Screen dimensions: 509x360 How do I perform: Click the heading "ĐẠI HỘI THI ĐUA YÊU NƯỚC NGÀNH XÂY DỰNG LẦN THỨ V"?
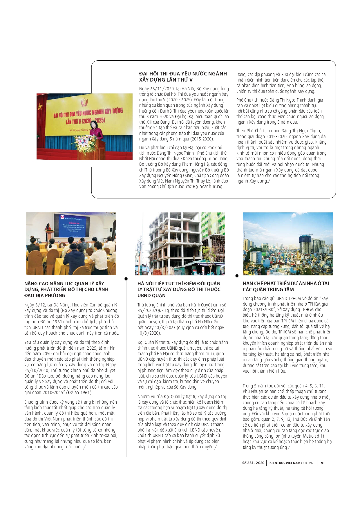[183, 77]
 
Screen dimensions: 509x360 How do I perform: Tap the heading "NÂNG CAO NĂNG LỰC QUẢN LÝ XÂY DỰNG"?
[66, 289]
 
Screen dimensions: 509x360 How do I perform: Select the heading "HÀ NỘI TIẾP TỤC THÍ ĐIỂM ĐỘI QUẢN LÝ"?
[179, 289]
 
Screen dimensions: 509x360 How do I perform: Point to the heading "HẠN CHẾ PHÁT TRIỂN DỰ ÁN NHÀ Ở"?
[286, 286]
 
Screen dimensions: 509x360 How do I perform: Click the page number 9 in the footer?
[322, 463]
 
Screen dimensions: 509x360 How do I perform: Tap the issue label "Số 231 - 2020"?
[253, 463]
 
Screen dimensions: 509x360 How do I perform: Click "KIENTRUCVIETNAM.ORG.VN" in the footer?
[291, 463]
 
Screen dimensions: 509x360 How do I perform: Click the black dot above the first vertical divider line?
[126, 279]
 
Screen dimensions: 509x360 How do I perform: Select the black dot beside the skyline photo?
[237, 276]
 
